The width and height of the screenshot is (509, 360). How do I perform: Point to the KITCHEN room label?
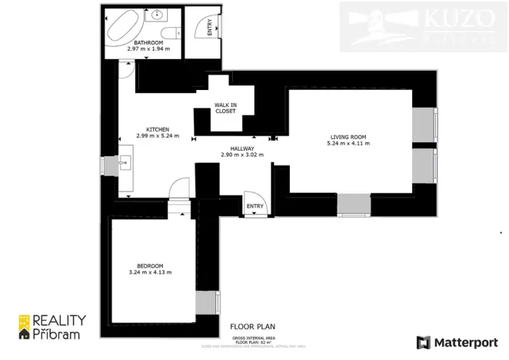coord(158,129)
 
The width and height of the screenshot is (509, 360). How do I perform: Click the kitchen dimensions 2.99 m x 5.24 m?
coord(158,136)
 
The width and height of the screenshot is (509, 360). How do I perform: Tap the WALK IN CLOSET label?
coord(225,108)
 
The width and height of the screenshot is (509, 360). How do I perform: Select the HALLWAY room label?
coord(241,148)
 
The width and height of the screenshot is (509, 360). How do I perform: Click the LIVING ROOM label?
coord(348,137)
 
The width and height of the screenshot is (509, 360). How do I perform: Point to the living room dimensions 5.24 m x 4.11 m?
coord(348,144)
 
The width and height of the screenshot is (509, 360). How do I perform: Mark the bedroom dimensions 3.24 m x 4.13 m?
coord(150,272)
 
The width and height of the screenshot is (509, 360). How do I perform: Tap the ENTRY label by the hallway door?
coord(254,206)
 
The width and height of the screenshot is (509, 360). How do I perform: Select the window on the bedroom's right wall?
coord(207,302)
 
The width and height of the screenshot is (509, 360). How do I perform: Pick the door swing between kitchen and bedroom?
coord(178,187)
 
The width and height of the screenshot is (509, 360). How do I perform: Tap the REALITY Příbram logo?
coord(52,327)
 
